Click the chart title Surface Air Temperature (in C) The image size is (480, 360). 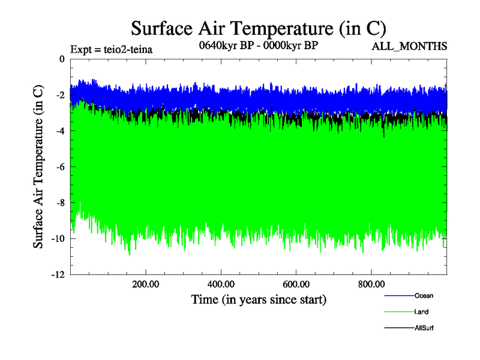coord(258,28)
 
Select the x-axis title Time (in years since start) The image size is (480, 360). coord(258,299)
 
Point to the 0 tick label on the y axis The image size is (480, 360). coord(61,59)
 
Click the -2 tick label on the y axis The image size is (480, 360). coord(59,95)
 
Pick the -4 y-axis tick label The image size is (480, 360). coord(59,131)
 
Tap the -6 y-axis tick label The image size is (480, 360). coord(59,167)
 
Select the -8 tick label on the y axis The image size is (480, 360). coord(59,203)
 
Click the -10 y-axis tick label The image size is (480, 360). coord(56,239)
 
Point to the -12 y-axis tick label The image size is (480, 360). coord(56,275)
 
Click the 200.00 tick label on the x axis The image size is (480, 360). coord(146,284)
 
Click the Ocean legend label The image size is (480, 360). coord(424,296)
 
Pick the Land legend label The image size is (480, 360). coord(421,312)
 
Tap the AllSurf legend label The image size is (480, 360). coord(424,328)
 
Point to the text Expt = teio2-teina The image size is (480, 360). coord(112,49)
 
